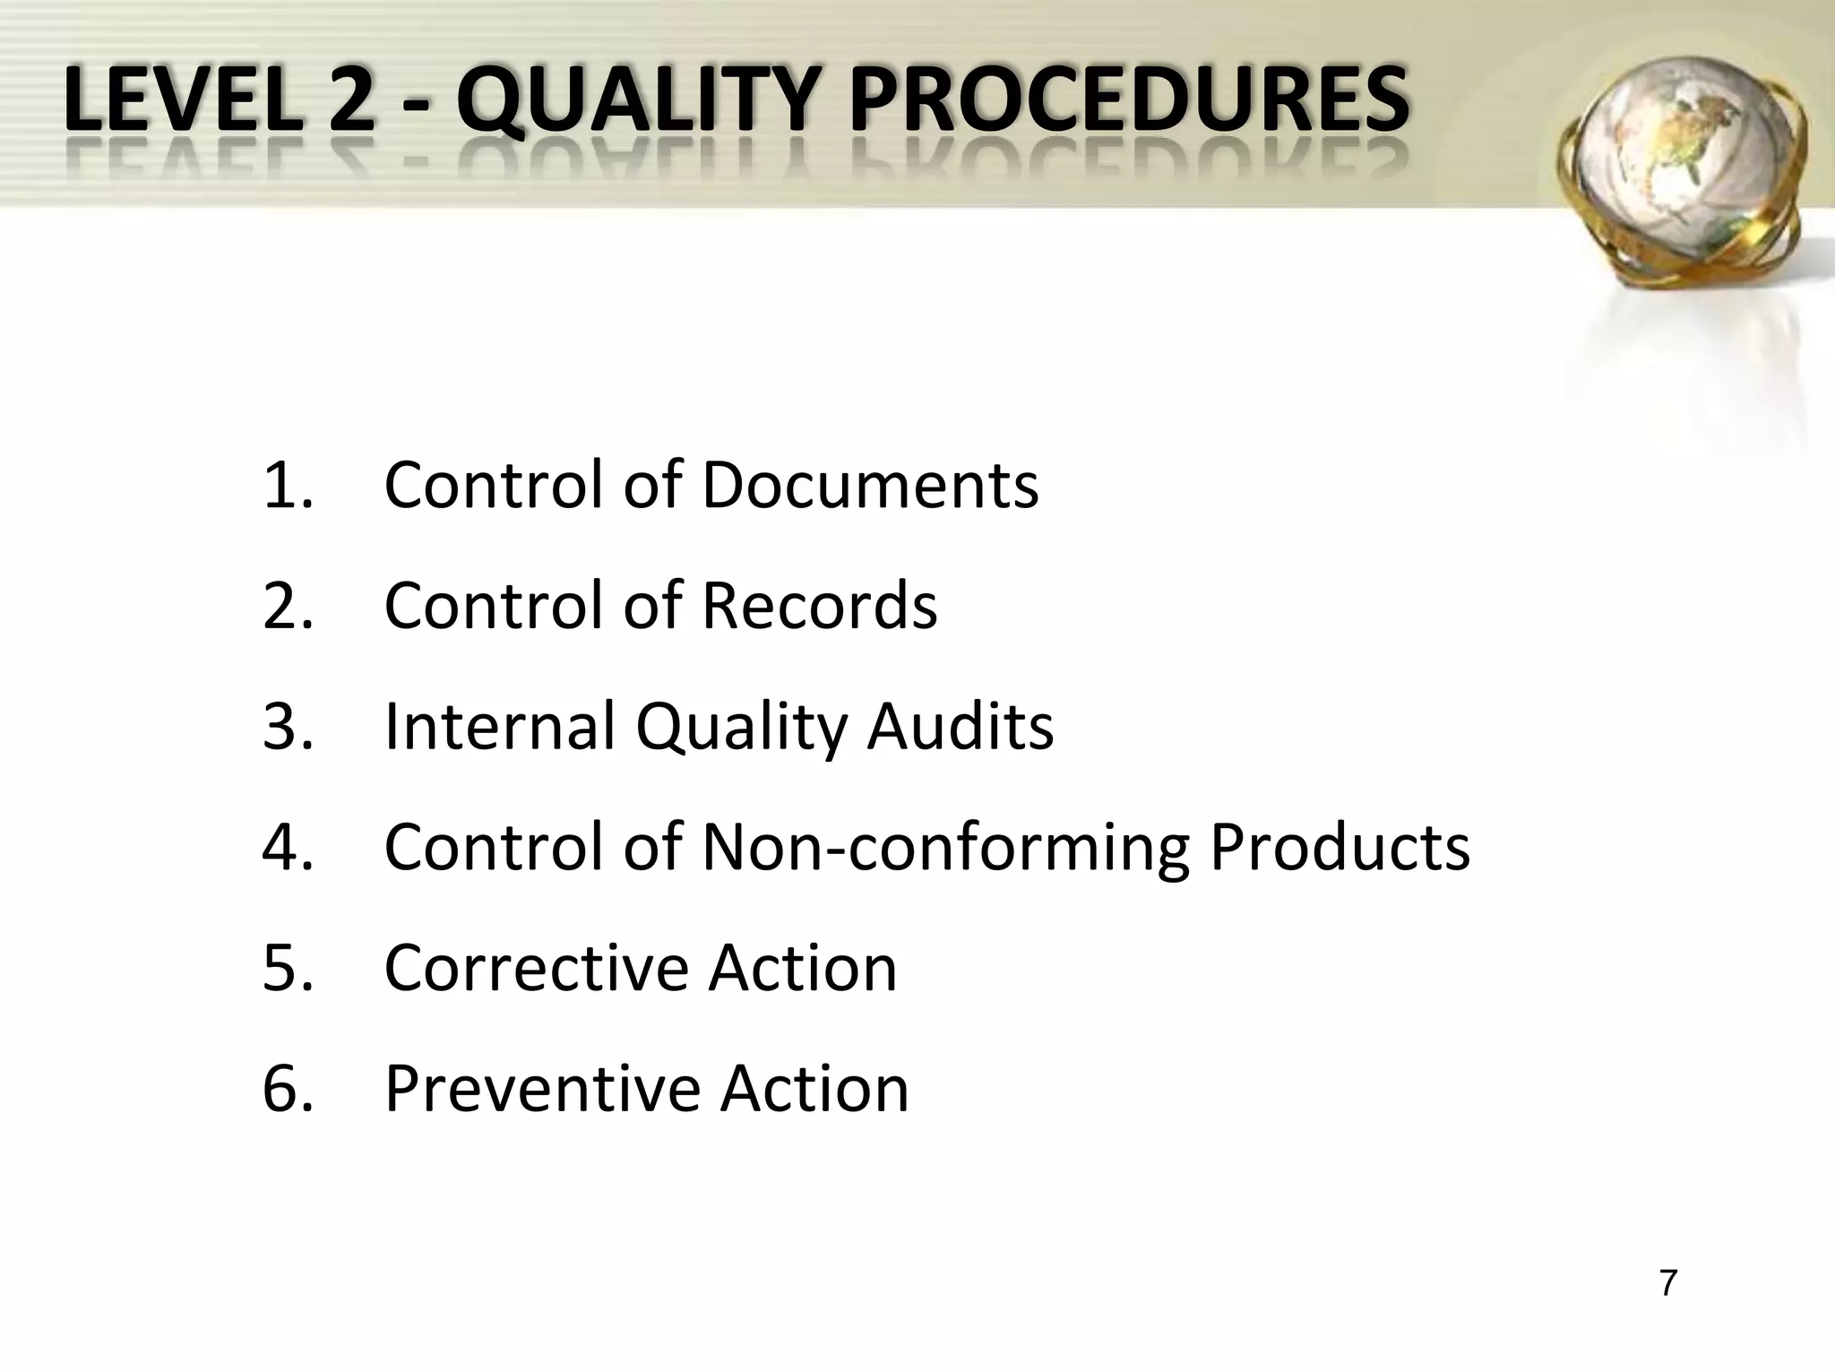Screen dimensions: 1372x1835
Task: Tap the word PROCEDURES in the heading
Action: (1129, 101)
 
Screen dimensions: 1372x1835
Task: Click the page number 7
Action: (1667, 1283)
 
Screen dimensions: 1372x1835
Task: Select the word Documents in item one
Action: (870, 485)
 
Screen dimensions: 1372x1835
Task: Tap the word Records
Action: (819, 606)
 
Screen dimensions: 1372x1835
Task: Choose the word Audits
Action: (960, 726)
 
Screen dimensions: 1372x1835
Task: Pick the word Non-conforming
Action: (945, 848)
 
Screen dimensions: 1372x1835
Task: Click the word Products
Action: (1340, 848)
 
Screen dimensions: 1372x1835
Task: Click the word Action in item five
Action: (802, 968)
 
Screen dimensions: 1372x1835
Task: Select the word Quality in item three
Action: (740, 728)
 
